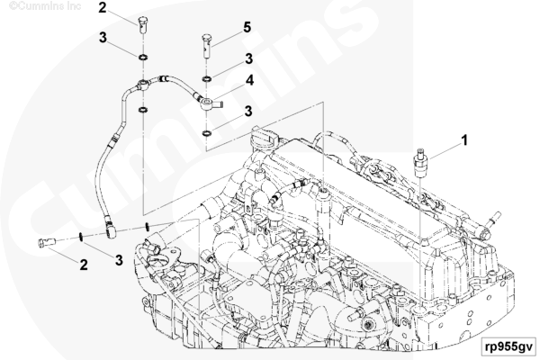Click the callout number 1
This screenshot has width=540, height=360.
click(464, 140)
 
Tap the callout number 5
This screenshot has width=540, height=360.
click(247, 28)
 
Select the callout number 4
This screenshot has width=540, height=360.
click(249, 80)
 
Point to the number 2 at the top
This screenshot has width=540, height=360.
click(103, 7)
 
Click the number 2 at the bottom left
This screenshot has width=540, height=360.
click(84, 265)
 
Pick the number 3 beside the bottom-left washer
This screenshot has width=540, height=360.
click(119, 260)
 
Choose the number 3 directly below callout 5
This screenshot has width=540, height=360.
click(248, 58)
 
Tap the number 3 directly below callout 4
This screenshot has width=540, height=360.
click(248, 112)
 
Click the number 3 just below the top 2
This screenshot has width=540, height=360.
click(103, 38)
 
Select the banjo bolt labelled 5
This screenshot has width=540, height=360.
click(206, 46)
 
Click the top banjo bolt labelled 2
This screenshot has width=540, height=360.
click(142, 25)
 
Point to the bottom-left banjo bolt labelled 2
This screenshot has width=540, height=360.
click(46, 242)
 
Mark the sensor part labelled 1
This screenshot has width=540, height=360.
click(420, 163)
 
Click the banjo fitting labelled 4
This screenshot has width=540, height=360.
click(211, 103)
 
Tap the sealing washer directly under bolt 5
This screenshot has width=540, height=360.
click(207, 79)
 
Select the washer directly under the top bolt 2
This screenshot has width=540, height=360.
click(142, 57)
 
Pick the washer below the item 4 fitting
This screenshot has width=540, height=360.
click(207, 132)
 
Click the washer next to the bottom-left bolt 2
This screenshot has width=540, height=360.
click(80, 237)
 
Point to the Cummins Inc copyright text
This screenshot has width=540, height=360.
click(45, 6)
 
